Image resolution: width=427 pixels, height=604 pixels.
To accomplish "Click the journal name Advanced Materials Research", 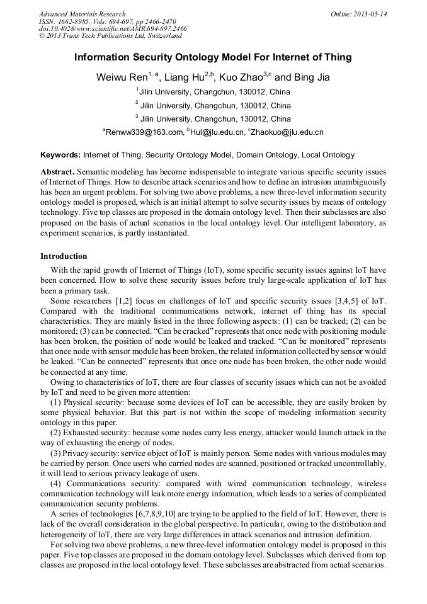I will [82, 14].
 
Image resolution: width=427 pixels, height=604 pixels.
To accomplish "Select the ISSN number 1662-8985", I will [74, 21].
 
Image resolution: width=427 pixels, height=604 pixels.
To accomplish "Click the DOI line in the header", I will [113, 29].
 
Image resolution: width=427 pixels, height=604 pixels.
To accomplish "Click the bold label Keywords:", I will [60, 155].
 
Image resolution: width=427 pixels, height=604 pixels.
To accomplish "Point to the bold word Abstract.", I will [57, 172].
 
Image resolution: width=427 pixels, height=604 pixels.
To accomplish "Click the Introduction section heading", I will [64, 256].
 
